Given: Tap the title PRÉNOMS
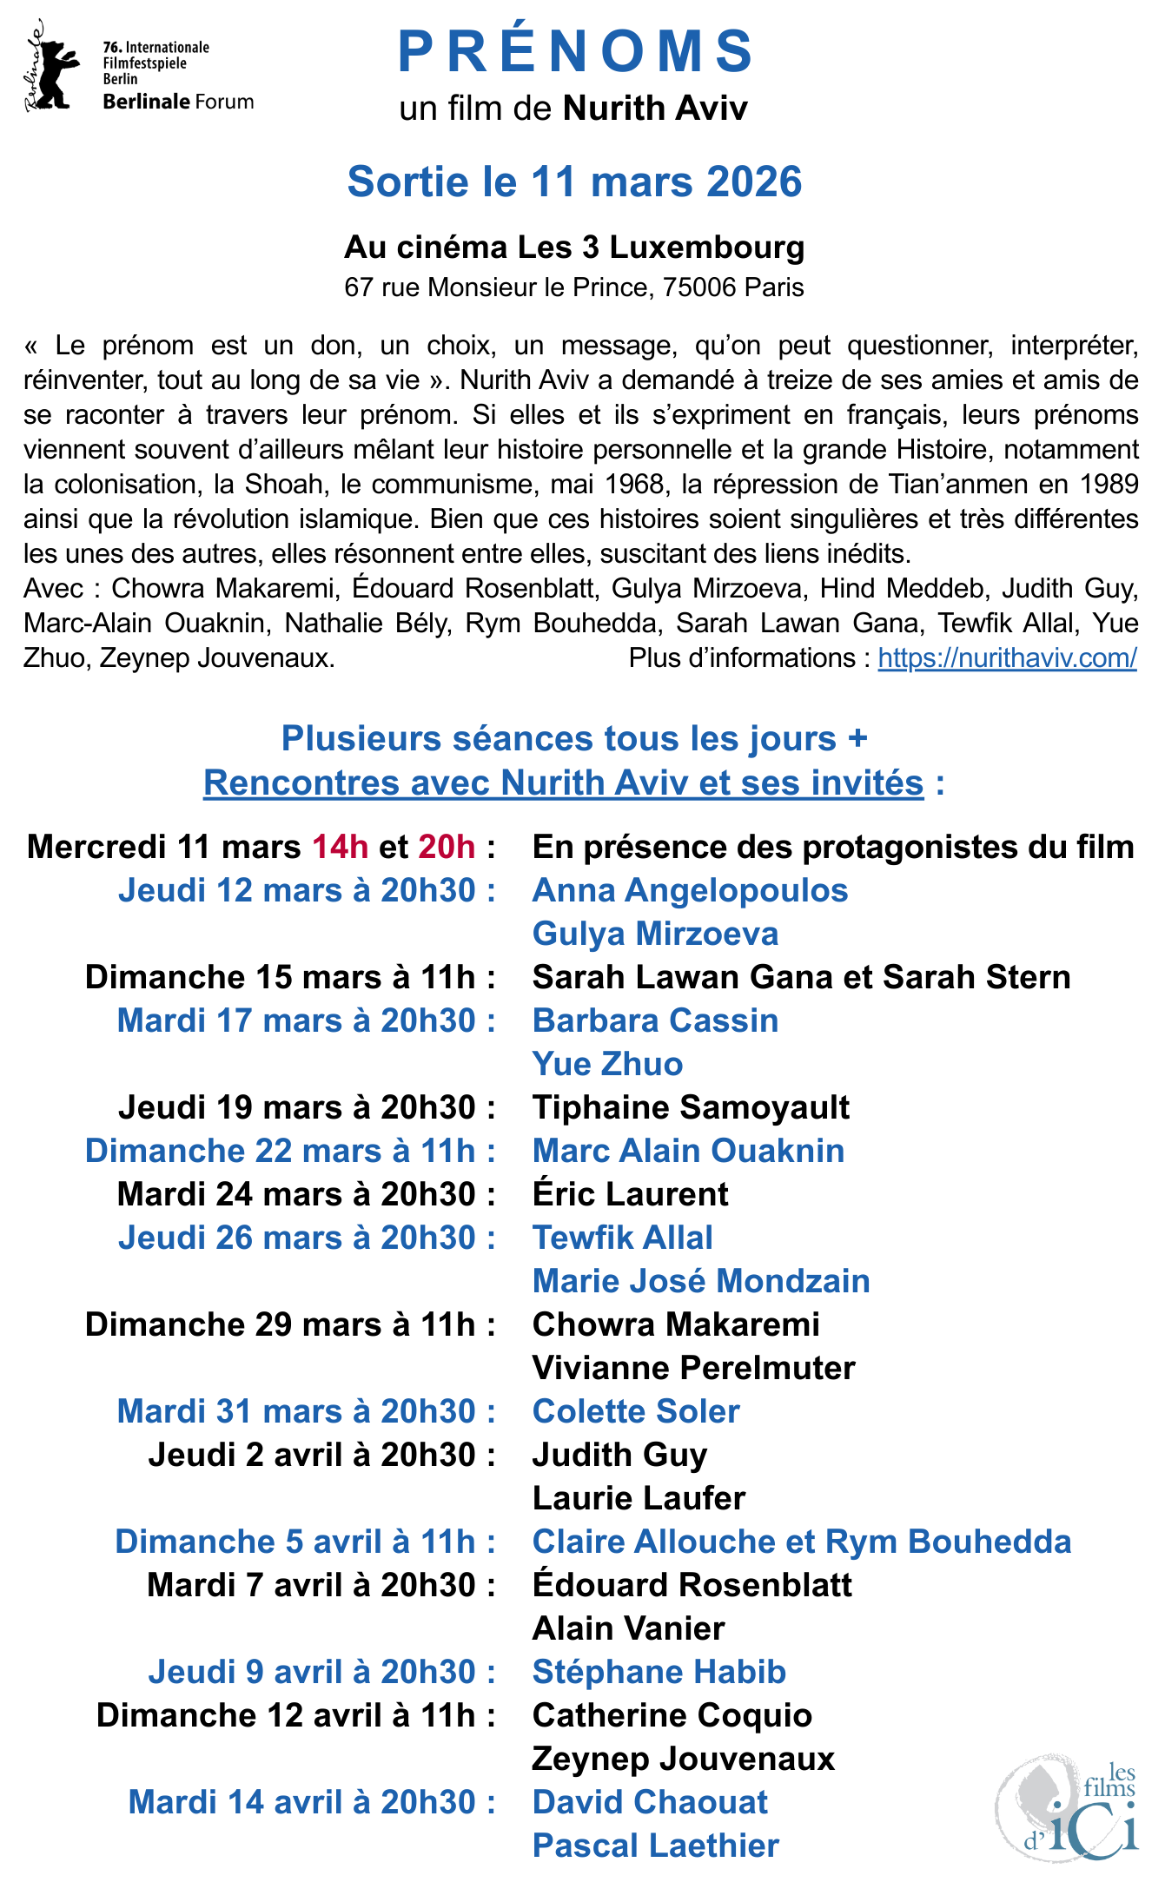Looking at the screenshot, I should click(575, 51).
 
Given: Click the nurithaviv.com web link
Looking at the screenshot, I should click(1007, 658).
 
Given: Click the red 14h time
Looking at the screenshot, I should click(340, 847).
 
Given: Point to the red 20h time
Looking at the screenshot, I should click(447, 847).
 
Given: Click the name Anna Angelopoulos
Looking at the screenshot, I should click(690, 890).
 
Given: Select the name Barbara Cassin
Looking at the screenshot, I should click(655, 1020).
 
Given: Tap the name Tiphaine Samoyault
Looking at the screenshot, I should click(691, 1107).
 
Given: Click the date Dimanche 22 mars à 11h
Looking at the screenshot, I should click(290, 1151).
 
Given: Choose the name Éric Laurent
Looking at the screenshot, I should click(630, 1194).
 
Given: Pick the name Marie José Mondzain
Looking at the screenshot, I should click(700, 1281).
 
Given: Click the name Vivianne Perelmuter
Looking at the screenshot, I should click(693, 1368).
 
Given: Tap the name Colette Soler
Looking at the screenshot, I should click(636, 1411).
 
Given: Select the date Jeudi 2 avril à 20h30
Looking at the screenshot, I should click(321, 1455).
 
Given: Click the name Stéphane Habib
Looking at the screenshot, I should click(659, 1672).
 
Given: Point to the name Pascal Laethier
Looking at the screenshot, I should click(655, 1846).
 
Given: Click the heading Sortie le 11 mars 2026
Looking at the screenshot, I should click(574, 182).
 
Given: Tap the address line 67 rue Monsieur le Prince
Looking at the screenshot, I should click(574, 287).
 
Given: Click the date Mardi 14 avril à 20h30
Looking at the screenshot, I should click(312, 1802).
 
